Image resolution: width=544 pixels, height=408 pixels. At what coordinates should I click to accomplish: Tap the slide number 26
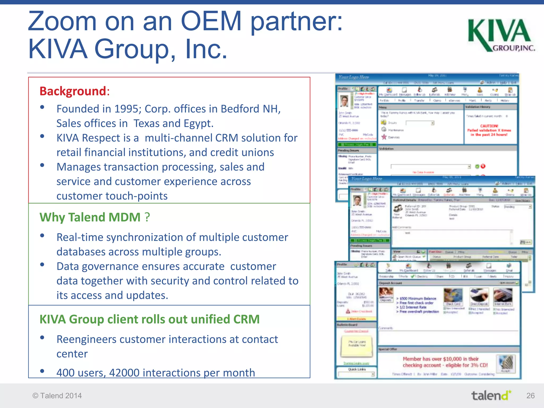click(x=530, y=396)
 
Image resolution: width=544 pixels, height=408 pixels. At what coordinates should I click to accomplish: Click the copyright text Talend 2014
click(x=57, y=396)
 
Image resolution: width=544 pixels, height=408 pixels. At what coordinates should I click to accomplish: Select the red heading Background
click(x=73, y=91)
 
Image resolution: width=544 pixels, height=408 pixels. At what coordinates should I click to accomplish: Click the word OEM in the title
click(x=211, y=21)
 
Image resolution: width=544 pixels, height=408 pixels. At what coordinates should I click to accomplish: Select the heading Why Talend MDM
click(x=95, y=217)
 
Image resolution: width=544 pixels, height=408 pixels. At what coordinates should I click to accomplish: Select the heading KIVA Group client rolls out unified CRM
click(x=149, y=319)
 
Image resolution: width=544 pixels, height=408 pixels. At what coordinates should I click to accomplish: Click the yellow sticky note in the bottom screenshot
click(x=357, y=346)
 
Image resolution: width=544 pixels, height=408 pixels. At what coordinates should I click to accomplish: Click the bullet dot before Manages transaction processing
click(x=42, y=165)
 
